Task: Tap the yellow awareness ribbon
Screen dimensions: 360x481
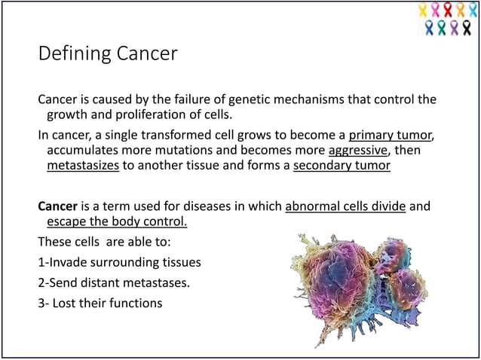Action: [x=423, y=10]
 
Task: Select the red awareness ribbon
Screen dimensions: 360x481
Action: [x=448, y=10]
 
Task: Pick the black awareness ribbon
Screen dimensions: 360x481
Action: [x=467, y=28]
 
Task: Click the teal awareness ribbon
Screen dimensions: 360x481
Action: [x=442, y=28]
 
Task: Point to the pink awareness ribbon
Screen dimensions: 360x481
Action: [x=435, y=10]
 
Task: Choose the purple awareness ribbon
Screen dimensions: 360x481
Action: [x=454, y=28]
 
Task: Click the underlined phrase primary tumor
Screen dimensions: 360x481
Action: [x=390, y=136]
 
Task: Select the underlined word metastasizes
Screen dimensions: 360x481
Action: [x=83, y=166]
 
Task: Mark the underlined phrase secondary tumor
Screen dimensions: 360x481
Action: [x=342, y=166]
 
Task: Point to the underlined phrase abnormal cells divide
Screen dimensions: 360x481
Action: [x=345, y=206]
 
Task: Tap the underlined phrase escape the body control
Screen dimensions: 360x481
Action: [x=117, y=221]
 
